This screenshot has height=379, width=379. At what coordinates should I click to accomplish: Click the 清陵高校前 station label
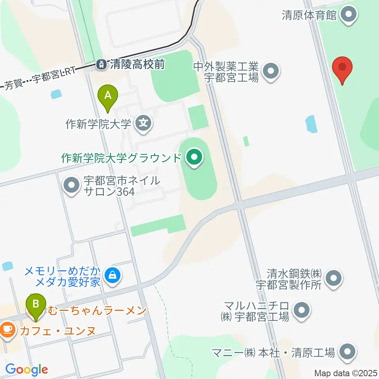(137, 64)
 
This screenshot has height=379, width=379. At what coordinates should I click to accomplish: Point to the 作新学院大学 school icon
(143, 124)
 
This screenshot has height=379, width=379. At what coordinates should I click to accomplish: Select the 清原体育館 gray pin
(349, 15)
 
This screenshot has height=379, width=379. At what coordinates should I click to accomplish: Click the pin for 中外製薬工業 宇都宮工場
(271, 71)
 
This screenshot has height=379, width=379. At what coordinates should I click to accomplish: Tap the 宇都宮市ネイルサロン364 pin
(71, 186)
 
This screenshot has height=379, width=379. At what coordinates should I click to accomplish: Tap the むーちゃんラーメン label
(97, 311)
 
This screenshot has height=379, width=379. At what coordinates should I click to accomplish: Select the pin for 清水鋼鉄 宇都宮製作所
(334, 279)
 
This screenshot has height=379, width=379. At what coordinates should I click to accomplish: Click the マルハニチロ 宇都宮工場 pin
(302, 310)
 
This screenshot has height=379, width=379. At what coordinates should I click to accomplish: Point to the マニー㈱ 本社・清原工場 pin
(347, 352)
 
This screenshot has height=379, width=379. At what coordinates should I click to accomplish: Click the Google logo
(26, 370)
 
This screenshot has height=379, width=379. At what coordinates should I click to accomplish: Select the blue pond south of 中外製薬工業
(311, 124)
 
